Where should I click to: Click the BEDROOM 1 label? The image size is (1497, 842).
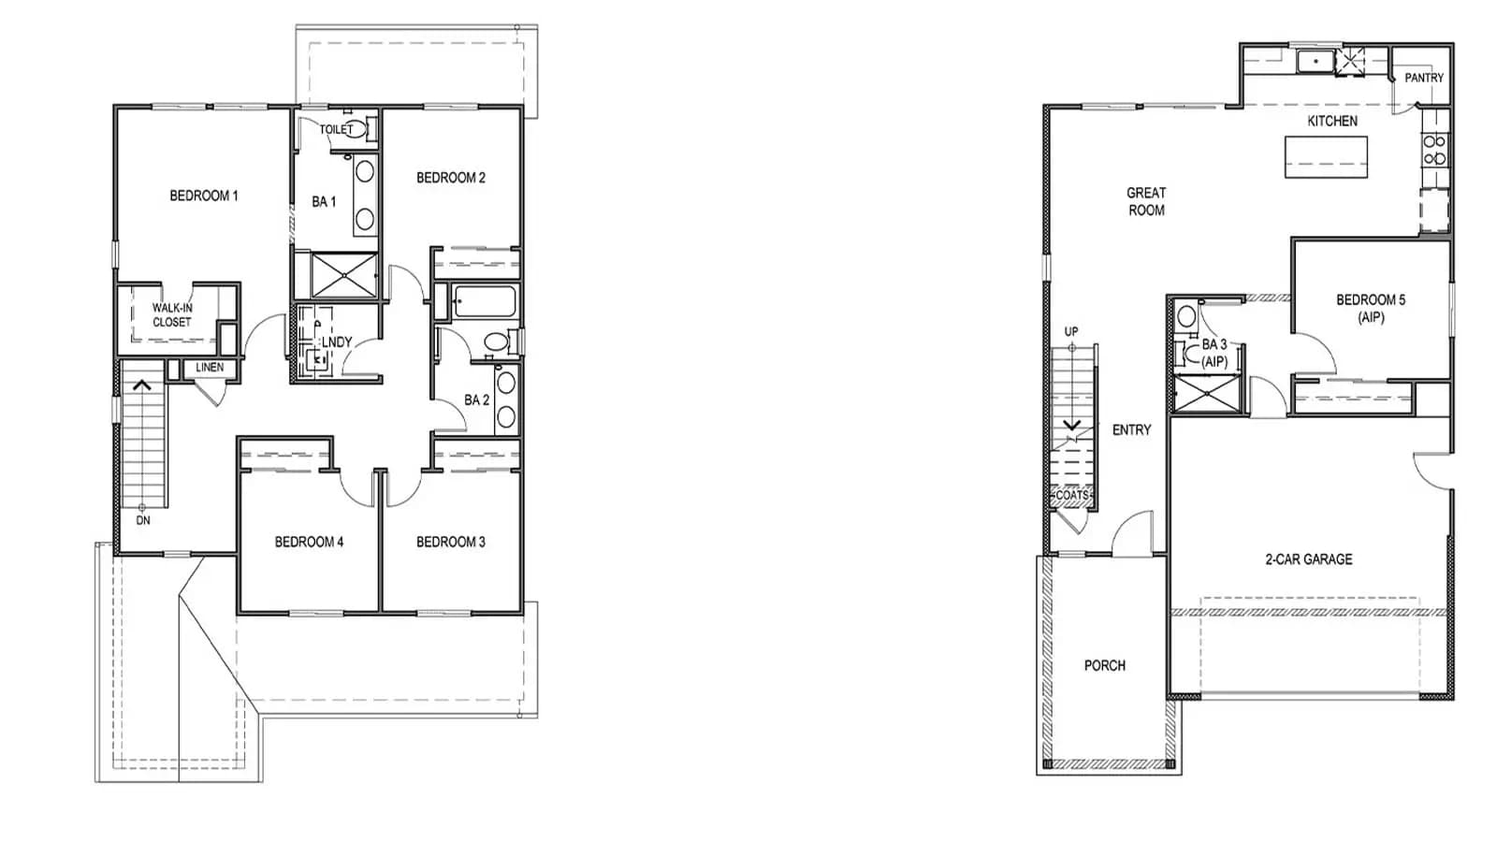[204, 196]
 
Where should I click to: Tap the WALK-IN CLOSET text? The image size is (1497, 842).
[172, 314]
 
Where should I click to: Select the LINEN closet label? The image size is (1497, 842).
[210, 368]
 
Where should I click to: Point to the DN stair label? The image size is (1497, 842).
[143, 520]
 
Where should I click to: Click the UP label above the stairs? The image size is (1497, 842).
[1071, 331]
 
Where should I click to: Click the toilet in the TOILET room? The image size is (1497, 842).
[357, 128]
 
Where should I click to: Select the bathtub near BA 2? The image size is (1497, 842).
[484, 301]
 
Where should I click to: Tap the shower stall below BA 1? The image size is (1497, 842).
[344, 275]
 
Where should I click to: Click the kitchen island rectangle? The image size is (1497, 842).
[1326, 157]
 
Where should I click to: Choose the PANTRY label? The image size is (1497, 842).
[1424, 78]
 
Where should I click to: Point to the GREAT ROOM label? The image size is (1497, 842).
[1146, 201]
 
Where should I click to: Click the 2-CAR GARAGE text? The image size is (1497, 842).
[1309, 559]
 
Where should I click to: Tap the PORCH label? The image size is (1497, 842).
[1105, 665]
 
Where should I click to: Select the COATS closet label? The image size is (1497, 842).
[1072, 495]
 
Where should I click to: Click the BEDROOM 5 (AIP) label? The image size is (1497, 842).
[1371, 309]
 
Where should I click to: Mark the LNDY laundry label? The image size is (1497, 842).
[337, 342]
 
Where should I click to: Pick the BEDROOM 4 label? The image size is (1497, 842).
[309, 542]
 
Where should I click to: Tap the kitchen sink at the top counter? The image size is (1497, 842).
[1315, 62]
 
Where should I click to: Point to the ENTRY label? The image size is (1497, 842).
[1131, 430]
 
